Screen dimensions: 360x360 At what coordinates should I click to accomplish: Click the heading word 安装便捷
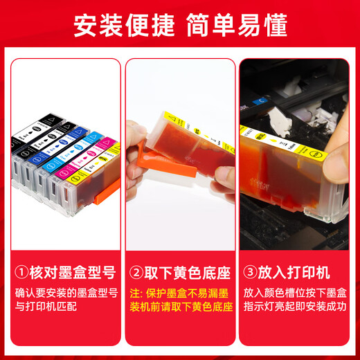point(123,26)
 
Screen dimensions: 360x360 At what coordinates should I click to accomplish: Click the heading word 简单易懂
point(236,26)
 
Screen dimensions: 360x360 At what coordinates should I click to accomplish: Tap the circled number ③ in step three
point(251,268)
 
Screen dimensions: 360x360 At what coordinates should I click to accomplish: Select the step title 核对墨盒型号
point(66,268)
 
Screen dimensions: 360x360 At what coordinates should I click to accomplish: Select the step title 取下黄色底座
point(181,268)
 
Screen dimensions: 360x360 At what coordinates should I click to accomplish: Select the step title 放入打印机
point(290,268)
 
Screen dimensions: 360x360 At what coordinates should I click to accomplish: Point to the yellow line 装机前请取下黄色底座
point(179,305)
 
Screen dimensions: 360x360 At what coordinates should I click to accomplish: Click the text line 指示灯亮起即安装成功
point(296,305)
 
